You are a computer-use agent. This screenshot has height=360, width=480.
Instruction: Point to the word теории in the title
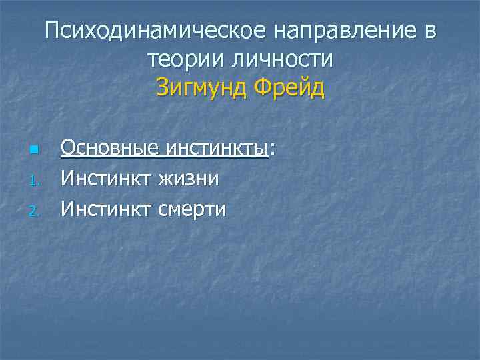[x=185, y=59]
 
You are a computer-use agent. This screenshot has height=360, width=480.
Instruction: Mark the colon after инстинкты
[x=271, y=149]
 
